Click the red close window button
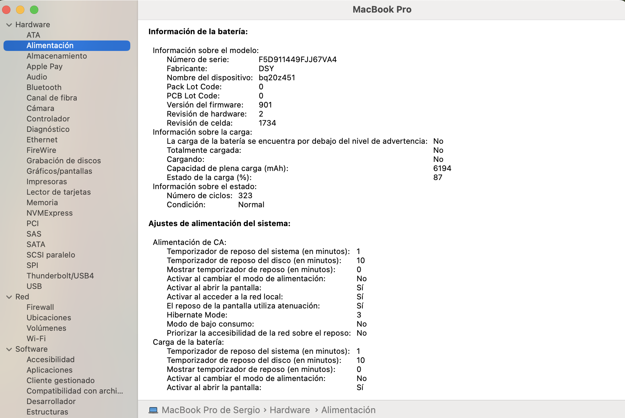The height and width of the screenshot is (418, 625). (x=6, y=10)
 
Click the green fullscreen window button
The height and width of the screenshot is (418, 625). (x=34, y=10)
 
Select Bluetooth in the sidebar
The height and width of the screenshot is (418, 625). (x=44, y=87)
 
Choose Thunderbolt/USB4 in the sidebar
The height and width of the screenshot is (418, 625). (x=60, y=276)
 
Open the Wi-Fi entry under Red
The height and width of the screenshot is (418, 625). (x=36, y=338)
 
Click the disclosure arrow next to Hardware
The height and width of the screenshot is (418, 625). (x=9, y=25)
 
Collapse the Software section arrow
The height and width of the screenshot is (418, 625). (x=9, y=349)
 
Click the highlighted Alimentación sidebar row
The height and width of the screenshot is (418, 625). (x=67, y=46)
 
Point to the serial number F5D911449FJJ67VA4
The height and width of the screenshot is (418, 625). (x=298, y=60)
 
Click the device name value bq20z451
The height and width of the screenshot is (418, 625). (x=277, y=78)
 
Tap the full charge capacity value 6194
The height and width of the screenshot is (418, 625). (x=442, y=169)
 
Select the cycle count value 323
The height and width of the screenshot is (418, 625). (x=245, y=196)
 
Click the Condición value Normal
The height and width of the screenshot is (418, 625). (x=251, y=205)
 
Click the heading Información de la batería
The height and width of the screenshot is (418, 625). (x=198, y=32)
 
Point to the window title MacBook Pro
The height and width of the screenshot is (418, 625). (x=382, y=9)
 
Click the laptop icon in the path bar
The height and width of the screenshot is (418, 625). (x=153, y=410)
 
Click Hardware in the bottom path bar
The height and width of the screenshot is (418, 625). (x=290, y=410)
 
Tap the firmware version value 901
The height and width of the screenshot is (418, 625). (x=265, y=105)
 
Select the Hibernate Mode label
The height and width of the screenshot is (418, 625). (x=197, y=315)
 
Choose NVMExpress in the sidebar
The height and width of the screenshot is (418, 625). (x=49, y=213)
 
